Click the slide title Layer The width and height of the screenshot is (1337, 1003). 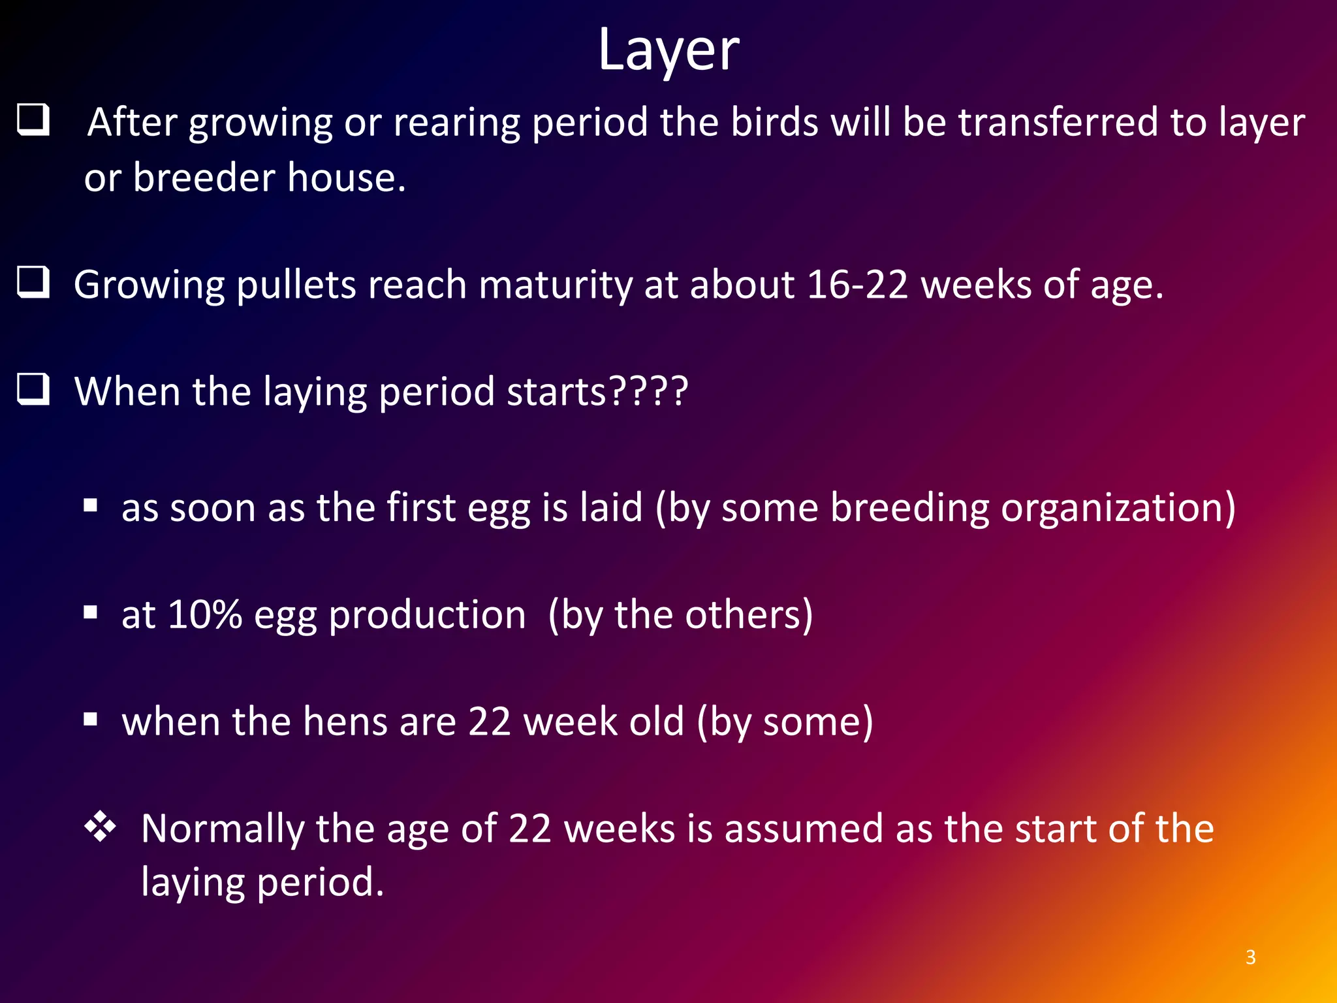668,51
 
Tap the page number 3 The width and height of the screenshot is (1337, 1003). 1250,957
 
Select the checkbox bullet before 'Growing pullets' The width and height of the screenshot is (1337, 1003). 33,282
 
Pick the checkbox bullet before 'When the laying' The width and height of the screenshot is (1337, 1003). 33,389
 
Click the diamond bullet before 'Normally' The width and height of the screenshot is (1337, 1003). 100,827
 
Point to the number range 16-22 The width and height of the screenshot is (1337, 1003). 857,285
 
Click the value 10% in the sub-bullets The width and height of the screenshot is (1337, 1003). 205,614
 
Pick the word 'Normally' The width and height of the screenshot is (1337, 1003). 222,829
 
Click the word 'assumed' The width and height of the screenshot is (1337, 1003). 804,829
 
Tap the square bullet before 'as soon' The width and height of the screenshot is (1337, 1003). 91,505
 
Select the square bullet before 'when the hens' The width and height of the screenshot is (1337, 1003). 91,720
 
